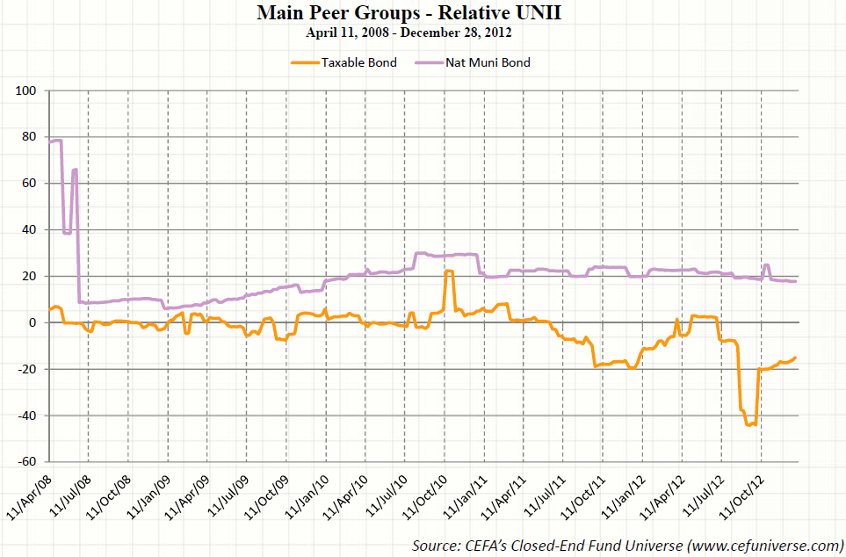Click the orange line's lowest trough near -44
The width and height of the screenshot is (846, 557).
point(749,424)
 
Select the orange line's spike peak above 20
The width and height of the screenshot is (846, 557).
point(449,271)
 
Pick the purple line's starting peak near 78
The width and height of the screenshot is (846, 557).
point(57,140)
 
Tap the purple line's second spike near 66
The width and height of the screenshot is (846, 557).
point(76,170)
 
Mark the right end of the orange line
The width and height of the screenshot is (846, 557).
point(795,358)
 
